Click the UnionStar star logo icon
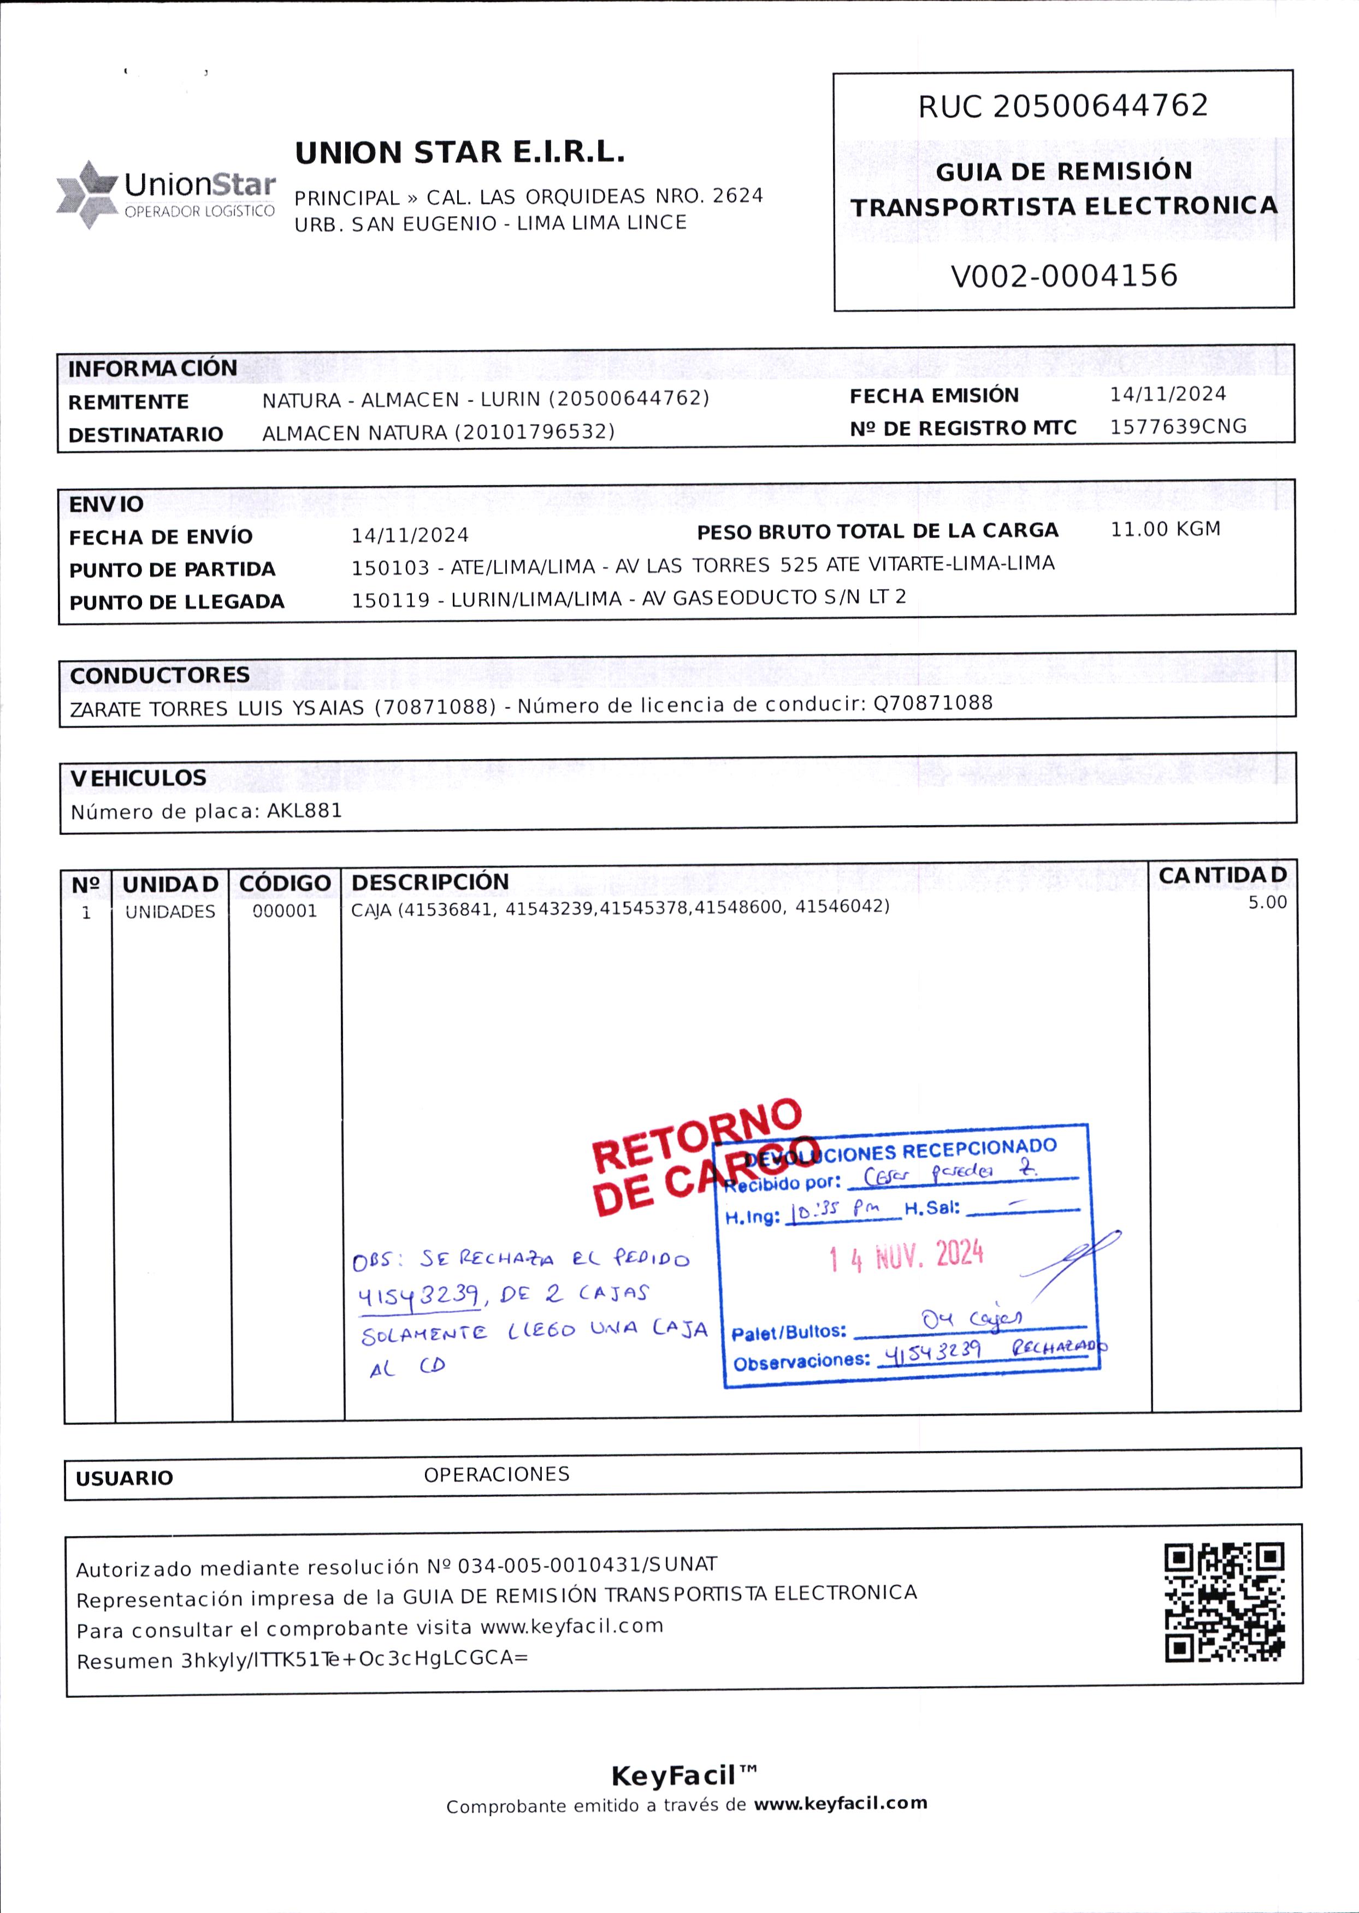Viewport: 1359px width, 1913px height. (x=86, y=194)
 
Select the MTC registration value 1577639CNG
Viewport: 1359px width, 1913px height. (x=1178, y=427)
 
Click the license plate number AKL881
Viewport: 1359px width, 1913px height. (x=305, y=810)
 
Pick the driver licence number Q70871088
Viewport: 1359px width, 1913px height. (x=933, y=703)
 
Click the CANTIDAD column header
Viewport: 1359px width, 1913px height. (x=1222, y=875)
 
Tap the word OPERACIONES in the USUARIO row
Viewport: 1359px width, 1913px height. (x=496, y=1474)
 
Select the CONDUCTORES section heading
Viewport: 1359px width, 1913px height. (x=160, y=675)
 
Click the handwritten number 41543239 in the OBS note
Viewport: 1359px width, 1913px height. (x=418, y=1296)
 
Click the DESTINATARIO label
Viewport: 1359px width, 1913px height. (x=146, y=435)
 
